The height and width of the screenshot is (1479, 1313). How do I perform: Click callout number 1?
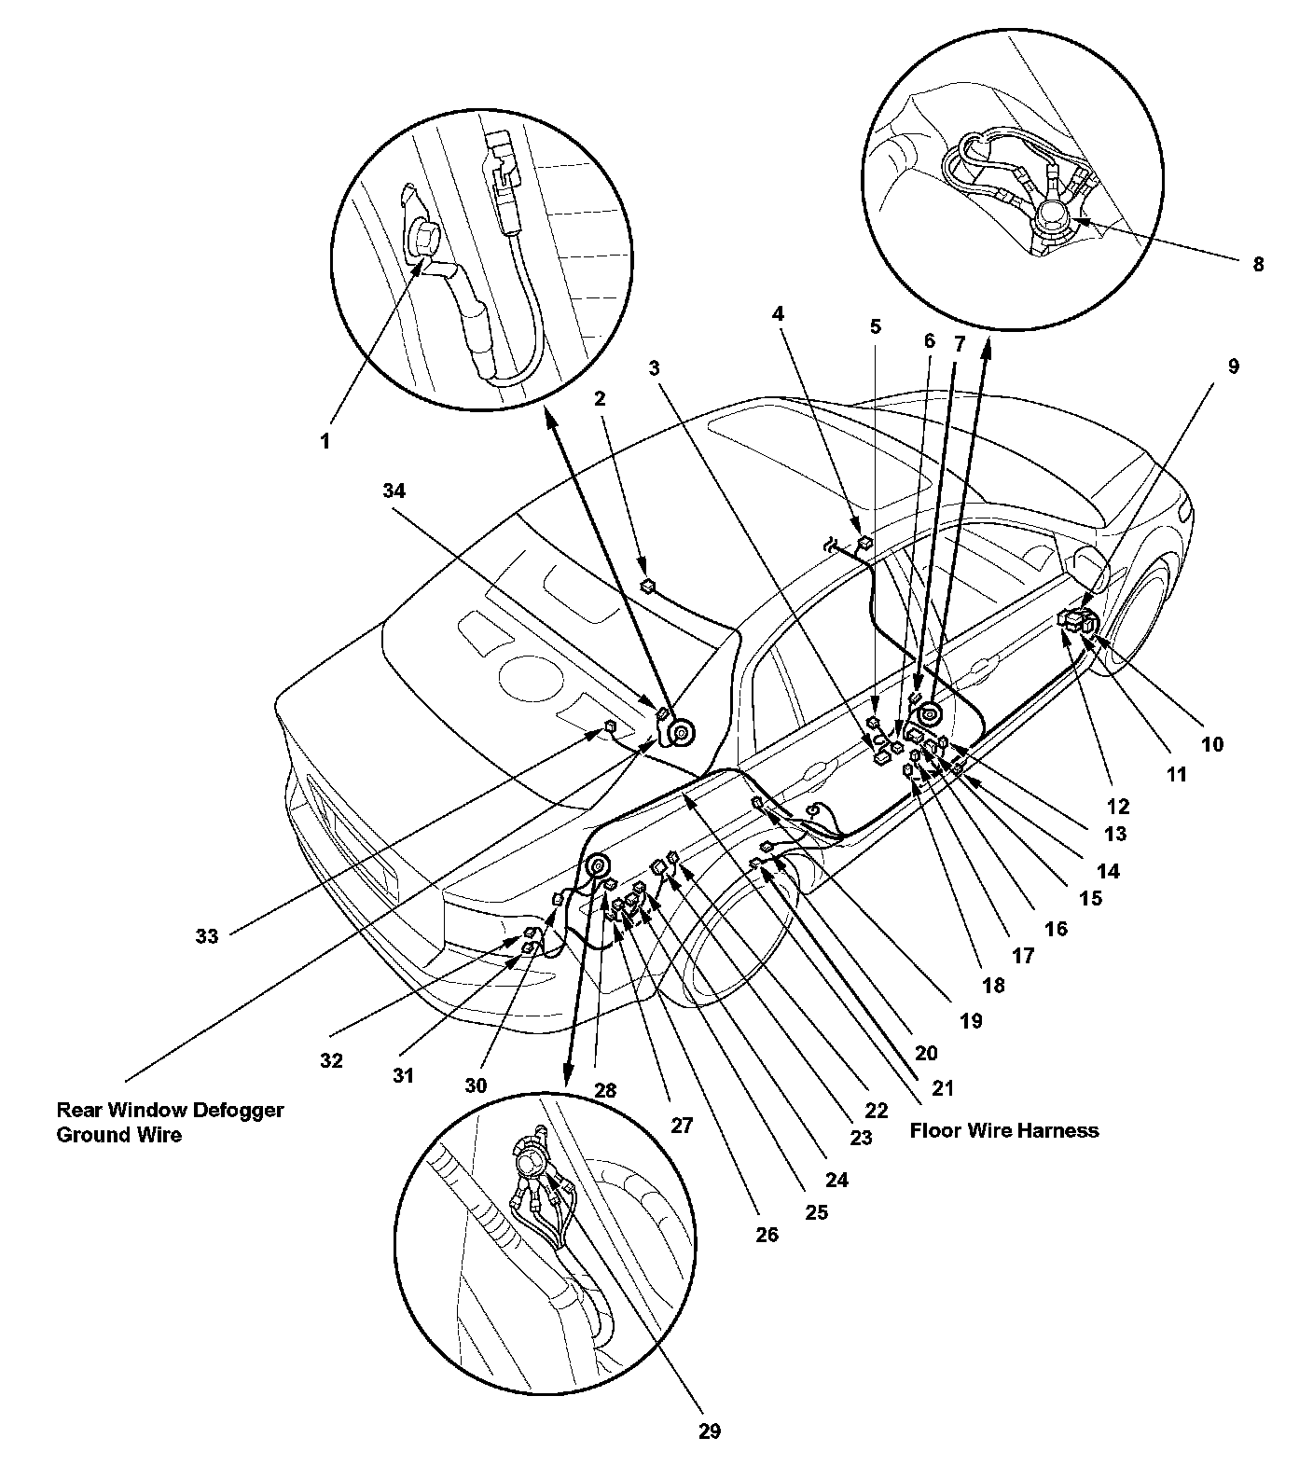point(325,441)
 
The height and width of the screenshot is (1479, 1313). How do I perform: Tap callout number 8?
point(1258,264)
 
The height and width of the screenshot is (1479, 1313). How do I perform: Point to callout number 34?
point(394,491)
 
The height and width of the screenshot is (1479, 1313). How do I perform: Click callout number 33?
point(207,935)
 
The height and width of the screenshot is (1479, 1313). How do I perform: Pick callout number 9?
point(1234,366)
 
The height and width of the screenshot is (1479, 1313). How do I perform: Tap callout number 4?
point(778,313)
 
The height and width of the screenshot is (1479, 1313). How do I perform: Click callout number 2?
point(600,398)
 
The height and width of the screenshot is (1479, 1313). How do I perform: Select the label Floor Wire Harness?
point(1004,1130)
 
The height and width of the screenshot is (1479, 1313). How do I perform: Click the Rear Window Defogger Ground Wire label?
point(171,1122)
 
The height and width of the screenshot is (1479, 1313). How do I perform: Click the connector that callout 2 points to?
point(648,587)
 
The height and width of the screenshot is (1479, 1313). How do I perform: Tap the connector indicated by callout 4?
point(864,541)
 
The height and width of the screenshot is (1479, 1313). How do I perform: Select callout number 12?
point(1118,806)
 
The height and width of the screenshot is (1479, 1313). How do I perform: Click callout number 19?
point(971,1021)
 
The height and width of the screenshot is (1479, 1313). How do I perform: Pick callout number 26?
point(767,1235)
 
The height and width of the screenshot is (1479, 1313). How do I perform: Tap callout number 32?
point(331,1060)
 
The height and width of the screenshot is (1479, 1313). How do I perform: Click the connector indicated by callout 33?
point(610,726)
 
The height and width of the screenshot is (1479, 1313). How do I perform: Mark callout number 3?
point(656,367)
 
